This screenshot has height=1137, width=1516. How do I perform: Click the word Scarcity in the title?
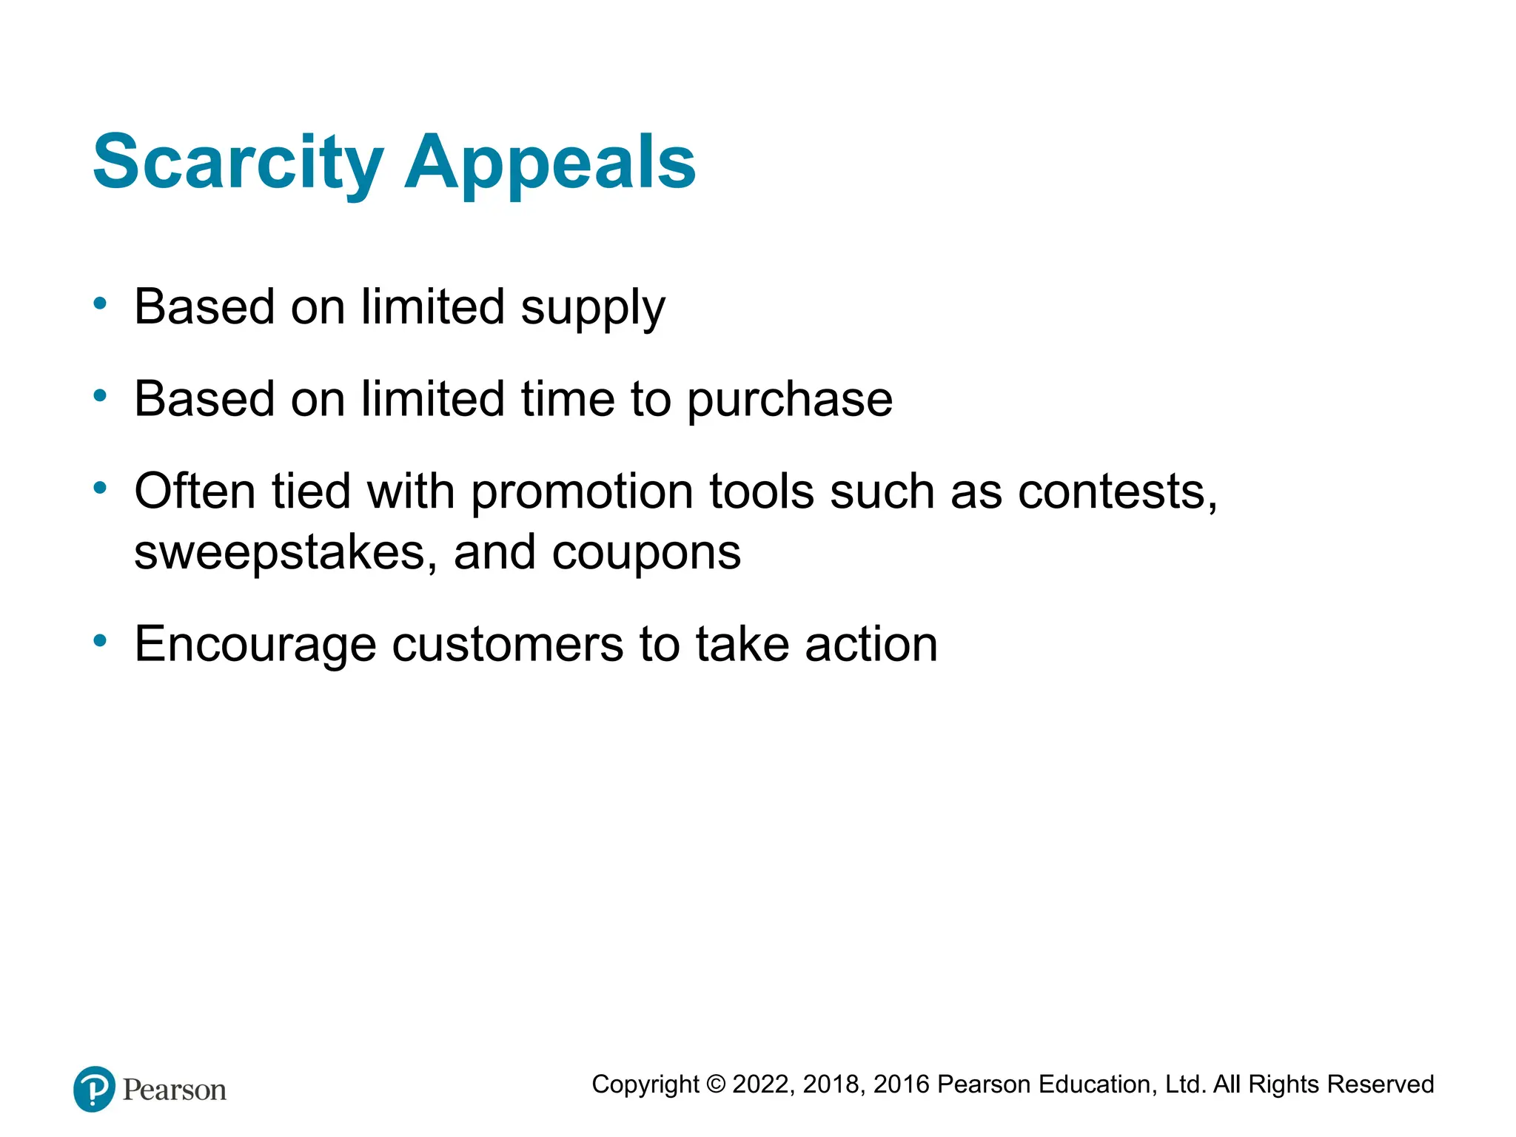pos(238,162)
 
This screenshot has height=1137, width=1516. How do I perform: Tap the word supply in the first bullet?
pos(593,308)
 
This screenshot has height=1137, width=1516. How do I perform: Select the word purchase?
pos(790,400)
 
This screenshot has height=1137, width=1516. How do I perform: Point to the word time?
pos(568,399)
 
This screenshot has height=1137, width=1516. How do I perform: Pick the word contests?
pos(1117,492)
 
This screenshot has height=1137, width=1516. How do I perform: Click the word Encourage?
pos(255,645)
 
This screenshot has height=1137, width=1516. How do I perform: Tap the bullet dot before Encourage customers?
pos(100,640)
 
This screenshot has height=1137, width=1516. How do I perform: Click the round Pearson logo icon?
pos(94,1089)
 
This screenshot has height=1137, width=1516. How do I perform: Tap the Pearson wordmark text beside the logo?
pos(175,1090)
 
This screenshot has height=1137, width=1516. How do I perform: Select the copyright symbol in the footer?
pos(716,1084)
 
